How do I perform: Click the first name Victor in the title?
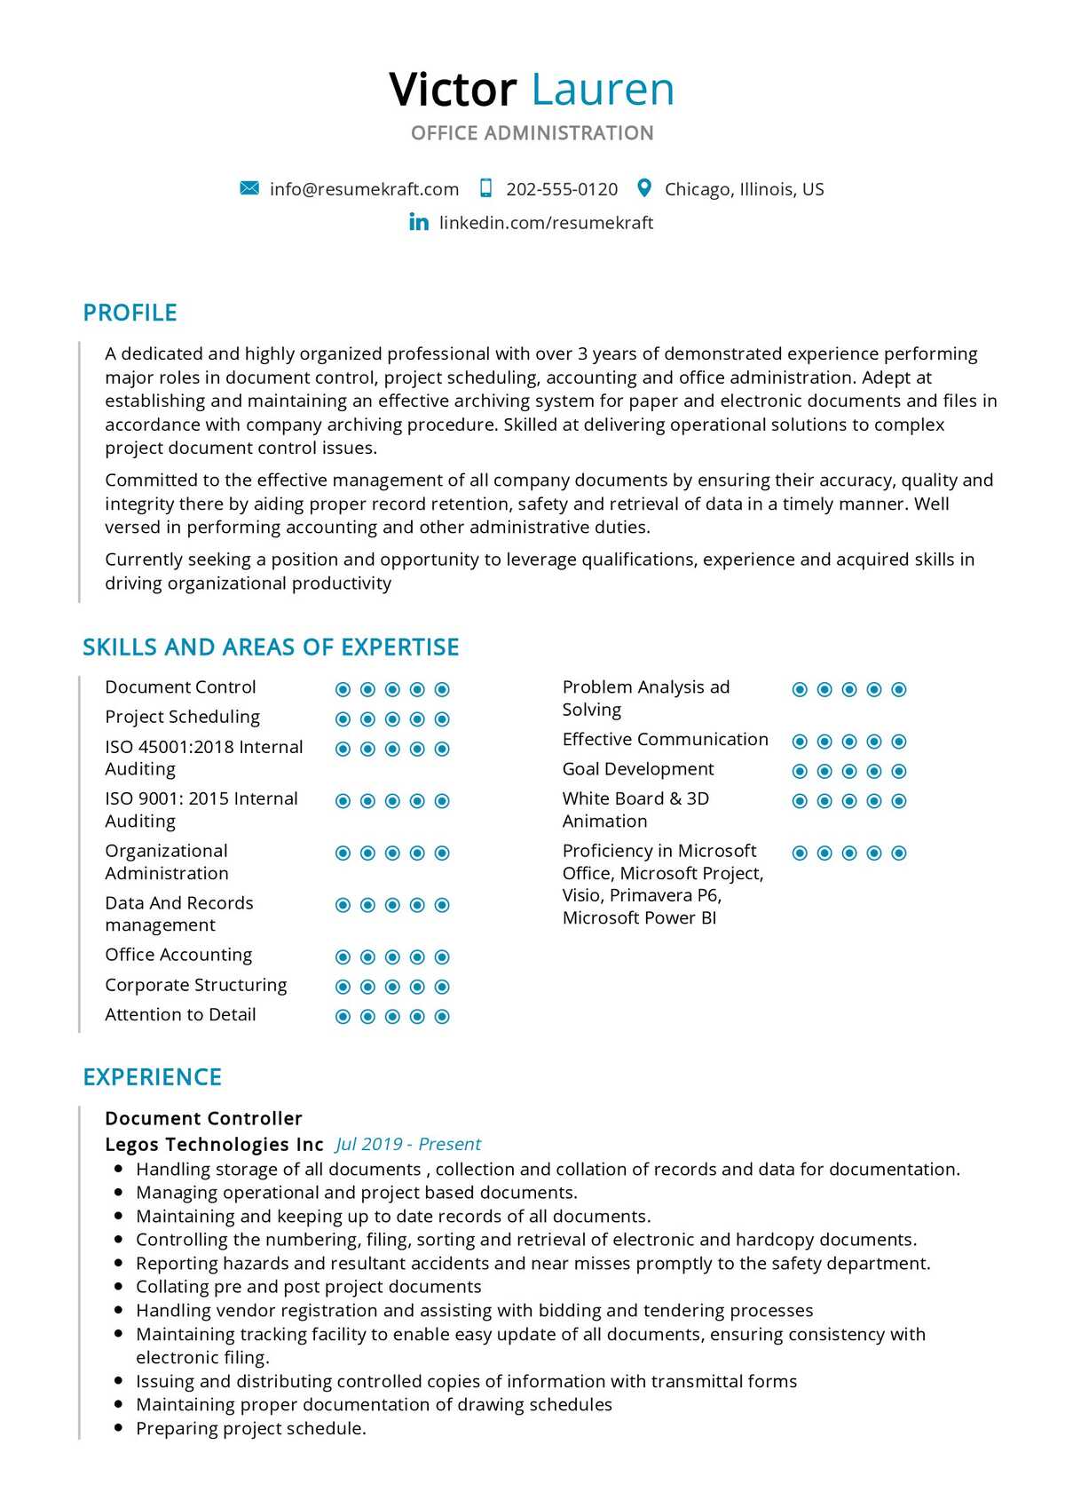click(453, 90)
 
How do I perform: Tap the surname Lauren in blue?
click(603, 90)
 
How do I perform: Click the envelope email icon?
click(249, 188)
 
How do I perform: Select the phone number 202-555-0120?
click(562, 189)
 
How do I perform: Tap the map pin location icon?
click(645, 188)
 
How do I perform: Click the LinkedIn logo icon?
click(419, 222)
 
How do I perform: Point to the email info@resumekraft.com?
click(364, 189)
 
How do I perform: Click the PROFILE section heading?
click(130, 313)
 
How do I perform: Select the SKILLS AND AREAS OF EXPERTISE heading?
click(271, 647)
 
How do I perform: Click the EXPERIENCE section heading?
click(152, 1077)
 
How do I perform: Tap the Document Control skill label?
click(180, 687)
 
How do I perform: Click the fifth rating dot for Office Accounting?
click(442, 957)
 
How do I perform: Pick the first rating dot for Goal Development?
click(800, 771)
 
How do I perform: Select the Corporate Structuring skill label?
click(195, 985)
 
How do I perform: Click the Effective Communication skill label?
click(665, 740)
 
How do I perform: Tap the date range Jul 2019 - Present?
click(408, 1145)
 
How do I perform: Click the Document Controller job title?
click(203, 1119)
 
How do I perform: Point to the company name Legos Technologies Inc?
click(214, 1145)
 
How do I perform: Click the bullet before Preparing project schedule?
click(118, 1428)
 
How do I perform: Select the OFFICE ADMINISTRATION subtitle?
click(532, 133)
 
